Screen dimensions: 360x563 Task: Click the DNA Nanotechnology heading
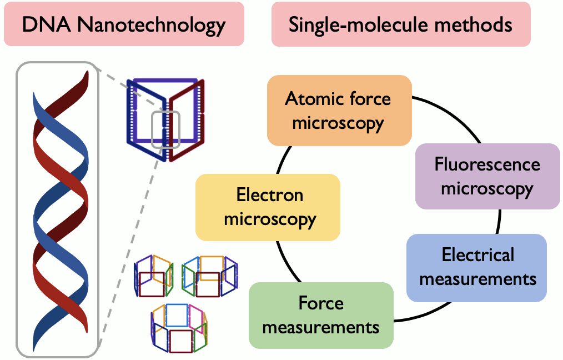[x=124, y=24]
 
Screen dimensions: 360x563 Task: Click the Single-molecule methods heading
[x=400, y=24]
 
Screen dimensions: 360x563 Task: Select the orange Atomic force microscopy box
[x=339, y=111]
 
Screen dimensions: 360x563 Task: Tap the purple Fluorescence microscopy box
[x=487, y=176]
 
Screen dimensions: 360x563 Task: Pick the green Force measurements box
[x=321, y=315]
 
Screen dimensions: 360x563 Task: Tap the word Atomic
[x=310, y=99]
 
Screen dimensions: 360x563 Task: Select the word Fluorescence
[x=487, y=164]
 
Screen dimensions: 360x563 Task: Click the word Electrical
[x=477, y=255]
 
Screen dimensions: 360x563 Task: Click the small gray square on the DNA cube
[x=165, y=129]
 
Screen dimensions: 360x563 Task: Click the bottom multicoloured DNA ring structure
[x=179, y=328]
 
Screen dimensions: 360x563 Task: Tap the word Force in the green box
[x=321, y=303]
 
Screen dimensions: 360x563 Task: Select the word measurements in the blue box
[x=477, y=278]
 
